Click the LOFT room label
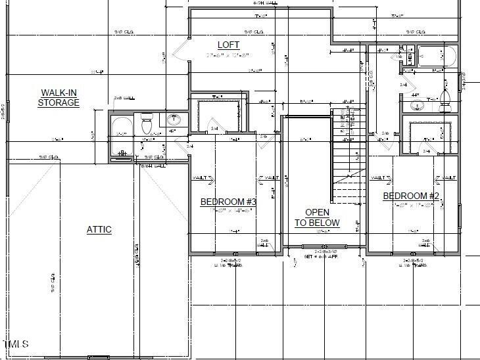(x=228, y=45)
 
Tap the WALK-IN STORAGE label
(x=59, y=98)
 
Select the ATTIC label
(x=99, y=229)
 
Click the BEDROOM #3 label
(x=228, y=202)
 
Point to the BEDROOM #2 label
(x=410, y=196)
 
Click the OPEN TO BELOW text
(x=317, y=217)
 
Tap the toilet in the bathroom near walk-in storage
(x=147, y=124)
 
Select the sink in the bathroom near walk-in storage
(x=174, y=120)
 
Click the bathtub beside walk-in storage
(x=121, y=135)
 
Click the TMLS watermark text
(x=16, y=344)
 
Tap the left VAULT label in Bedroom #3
(x=202, y=178)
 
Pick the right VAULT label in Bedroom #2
(x=448, y=178)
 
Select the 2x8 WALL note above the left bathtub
(x=124, y=98)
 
